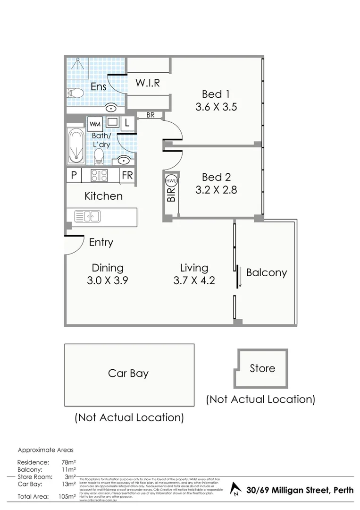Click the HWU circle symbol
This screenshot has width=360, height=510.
[170, 180]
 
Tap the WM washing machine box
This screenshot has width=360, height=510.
[94, 124]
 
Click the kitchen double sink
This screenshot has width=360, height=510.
[87, 217]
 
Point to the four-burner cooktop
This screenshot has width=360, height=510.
[100, 176]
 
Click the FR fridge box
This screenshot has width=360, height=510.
[127, 176]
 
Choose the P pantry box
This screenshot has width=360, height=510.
[74, 176]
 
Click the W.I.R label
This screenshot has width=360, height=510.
[148, 83]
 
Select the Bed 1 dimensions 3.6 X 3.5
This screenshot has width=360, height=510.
[216, 107]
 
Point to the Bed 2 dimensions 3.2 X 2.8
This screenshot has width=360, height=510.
[216, 190]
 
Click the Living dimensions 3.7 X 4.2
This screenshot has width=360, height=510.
[194, 280]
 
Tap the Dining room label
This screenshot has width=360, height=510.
[108, 268]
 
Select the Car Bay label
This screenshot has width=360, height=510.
[128, 374]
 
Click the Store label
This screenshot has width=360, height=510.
[262, 368]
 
